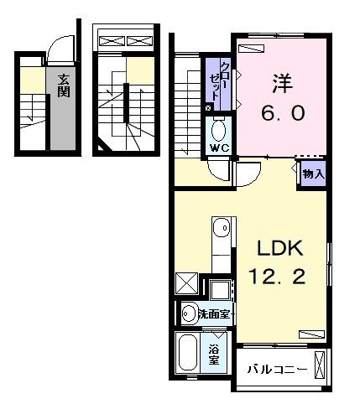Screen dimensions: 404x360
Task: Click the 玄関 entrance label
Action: (64, 87)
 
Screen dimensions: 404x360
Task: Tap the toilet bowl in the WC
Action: (218, 130)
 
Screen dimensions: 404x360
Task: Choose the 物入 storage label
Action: (313, 174)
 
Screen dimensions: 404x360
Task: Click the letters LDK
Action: (273, 249)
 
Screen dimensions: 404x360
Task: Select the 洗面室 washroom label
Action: (215, 314)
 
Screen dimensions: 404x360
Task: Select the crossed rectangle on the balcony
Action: (320, 367)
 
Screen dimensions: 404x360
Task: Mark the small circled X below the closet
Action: (208, 108)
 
